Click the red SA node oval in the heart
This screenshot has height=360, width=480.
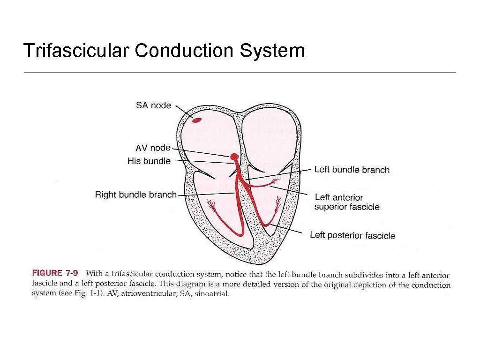[197, 120]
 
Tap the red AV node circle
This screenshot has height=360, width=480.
[234, 156]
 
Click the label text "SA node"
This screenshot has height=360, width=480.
[153, 105]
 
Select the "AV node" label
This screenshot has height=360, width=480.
[153, 148]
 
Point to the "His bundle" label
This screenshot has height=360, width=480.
[149, 161]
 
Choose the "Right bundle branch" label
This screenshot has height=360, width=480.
[136, 194]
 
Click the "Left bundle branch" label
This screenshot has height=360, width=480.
[352, 169]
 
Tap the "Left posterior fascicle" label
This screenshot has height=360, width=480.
[352, 235]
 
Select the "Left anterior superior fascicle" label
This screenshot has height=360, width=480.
[346, 202]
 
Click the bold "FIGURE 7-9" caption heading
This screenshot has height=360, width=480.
[55, 273]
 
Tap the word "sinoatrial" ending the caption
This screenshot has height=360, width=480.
[213, 294]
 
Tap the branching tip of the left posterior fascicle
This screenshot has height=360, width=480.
[277, 203]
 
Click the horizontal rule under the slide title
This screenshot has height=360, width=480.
[240, 73]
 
